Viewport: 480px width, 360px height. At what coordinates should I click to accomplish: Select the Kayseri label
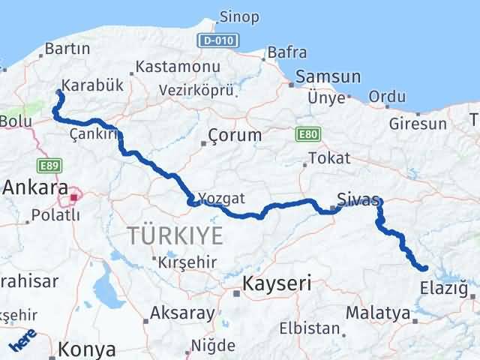click(277, 284)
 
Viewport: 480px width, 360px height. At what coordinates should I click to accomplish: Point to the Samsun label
click(328, 77)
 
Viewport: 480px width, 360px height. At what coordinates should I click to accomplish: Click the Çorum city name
click(235, 136)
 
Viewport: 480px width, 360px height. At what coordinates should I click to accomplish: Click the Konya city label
click(88, 349)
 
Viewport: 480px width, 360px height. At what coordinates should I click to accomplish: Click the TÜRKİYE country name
click(175, 235)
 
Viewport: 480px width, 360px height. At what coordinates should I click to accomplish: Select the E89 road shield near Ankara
click(49, 163)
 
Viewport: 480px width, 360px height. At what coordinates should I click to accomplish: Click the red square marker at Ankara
click(74, 198)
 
